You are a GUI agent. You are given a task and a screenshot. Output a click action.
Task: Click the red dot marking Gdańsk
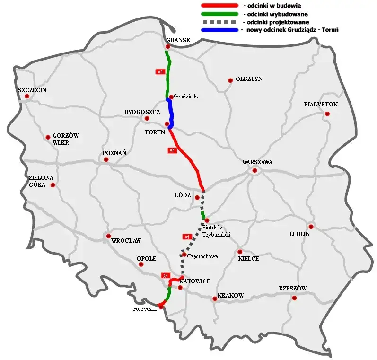(x=168, y=47)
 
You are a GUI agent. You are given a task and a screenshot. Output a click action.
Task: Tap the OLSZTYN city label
(x=249, y=79)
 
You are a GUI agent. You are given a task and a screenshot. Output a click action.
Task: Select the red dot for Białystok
(x=327, y=114)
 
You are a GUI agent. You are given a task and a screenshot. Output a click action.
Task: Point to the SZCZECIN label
(x=32, y=90)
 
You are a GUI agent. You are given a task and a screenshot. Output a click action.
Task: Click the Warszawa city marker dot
(x=254, y=170)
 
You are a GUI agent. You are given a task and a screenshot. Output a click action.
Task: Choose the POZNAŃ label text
(x=114, y=153)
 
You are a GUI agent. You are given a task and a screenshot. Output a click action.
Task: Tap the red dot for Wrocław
(x=109, y=236)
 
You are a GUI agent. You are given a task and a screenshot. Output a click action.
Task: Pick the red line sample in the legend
(x=219, y=5)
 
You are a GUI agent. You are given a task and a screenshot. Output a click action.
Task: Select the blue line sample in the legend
(x=219, y=30)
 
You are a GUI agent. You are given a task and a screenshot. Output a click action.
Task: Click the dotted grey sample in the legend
(x=219, y=22)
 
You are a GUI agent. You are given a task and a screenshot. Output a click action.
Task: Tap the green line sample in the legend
(x=219, y=13)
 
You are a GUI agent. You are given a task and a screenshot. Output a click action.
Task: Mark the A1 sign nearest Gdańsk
(x=160, y=71)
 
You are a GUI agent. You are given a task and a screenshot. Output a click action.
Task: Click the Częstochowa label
(x=202, y=256)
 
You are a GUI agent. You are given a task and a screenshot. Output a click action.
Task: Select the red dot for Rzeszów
(x=294, y=298)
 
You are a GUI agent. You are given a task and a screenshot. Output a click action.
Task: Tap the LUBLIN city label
(x=299, y=234)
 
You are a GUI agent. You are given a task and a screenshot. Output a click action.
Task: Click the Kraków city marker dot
(x=215, y=299)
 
